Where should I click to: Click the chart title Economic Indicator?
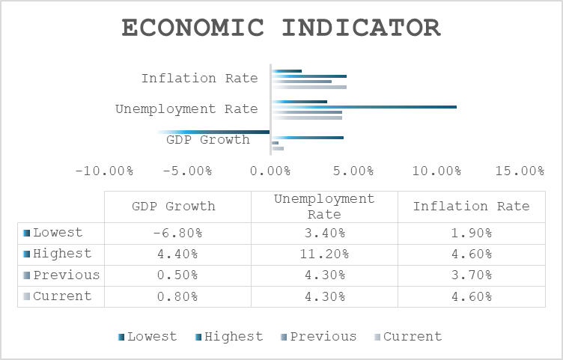[281, 28]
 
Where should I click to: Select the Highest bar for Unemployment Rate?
[364, 107]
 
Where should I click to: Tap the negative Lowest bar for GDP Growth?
[213, 132]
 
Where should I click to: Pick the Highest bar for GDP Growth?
[308, 138]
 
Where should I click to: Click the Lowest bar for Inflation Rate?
[287, 71]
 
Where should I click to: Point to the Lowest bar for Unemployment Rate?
[299, 102]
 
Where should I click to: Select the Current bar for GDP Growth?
[278, 148]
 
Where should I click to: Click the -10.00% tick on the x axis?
[105, 171]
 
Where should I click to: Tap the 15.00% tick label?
[520, 171]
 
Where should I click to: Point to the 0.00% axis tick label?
[270, 171]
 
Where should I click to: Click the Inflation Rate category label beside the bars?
[200, 79]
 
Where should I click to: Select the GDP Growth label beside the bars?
[208, 140]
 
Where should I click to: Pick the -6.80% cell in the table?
[177, 234]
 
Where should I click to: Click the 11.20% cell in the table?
[325, 254]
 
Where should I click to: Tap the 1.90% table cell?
[472, 234]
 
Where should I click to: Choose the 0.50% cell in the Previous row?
[177, 275]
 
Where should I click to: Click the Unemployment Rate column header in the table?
[324, 207]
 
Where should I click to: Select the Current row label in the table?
[62, 296]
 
